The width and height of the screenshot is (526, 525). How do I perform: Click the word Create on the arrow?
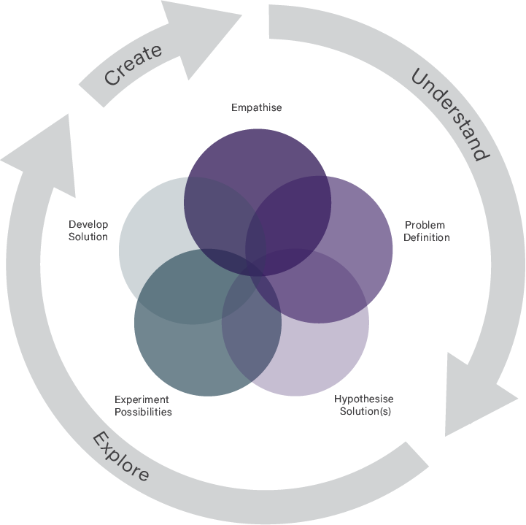tap(133, 64)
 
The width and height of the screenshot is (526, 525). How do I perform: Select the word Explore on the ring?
tap(121, 457)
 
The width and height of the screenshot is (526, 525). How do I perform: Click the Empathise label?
tap(257, 108)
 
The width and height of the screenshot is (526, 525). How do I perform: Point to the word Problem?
tap(425, 225)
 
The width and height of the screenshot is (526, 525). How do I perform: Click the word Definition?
tap(427, 237)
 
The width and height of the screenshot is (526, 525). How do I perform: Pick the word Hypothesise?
tap(363, 399)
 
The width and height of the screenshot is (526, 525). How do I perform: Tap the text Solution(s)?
tap(366, 412)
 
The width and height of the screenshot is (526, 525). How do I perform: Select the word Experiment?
tap(142, 399)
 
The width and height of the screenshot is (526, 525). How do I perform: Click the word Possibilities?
tap(143, 412)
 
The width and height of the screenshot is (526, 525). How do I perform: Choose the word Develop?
tap(88, 224)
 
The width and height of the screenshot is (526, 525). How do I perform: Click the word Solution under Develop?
tap(88, 237)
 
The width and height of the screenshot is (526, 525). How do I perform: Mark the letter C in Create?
tap(112, 77)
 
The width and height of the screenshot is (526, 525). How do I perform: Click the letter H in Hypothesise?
tap(338, 399)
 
